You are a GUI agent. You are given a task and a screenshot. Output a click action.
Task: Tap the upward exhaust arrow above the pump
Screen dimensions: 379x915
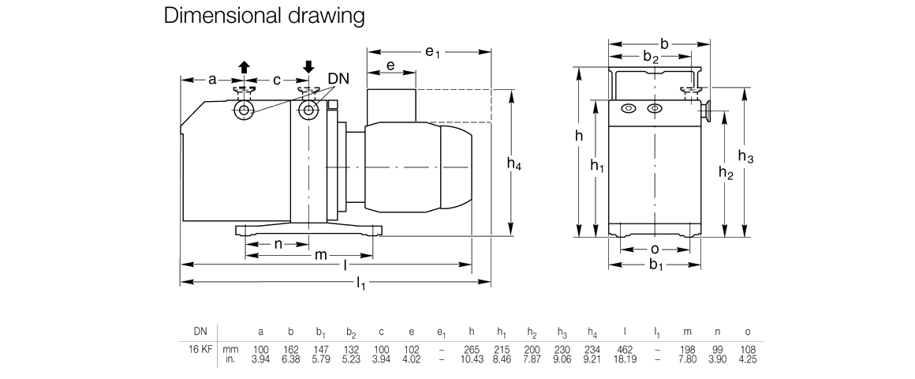point(245,68)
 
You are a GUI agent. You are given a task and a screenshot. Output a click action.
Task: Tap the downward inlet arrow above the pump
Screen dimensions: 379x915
point(308,67)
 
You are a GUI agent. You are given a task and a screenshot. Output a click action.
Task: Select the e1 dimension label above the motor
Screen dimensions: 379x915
point(432,53)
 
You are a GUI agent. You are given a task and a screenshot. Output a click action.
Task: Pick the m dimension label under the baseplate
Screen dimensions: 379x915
point(321,256)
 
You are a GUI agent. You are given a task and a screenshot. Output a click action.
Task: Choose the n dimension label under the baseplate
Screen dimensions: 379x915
point(278,244)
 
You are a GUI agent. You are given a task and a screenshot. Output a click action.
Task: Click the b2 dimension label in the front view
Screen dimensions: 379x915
point(651,57)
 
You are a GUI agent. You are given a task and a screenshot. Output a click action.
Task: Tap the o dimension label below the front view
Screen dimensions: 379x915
point(654,250)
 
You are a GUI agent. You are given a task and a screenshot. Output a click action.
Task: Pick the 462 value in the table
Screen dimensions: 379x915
point(625,348)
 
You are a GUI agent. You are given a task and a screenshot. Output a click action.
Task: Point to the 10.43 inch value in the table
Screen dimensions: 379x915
point(471,359)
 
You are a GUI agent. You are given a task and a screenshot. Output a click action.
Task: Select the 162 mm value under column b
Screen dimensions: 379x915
point(291,348)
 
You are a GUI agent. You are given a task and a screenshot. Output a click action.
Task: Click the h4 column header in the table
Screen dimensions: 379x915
point(593,332)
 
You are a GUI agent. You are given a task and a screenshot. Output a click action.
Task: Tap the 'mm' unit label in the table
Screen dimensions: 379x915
point(231,348)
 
